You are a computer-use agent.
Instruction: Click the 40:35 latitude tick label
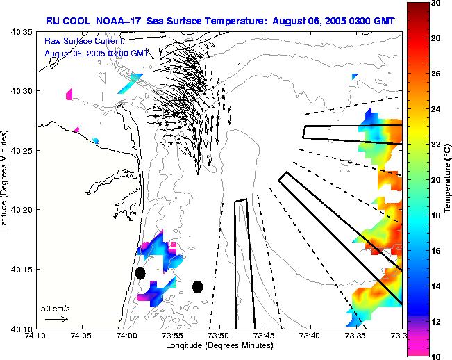(17, 32)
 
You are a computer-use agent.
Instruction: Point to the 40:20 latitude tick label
(17, 209)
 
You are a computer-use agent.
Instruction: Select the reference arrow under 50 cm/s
(56, 319)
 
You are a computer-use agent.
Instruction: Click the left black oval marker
(140, 273)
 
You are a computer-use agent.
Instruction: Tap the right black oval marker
(197, 286)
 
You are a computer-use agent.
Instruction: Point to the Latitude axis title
(6, 179)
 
